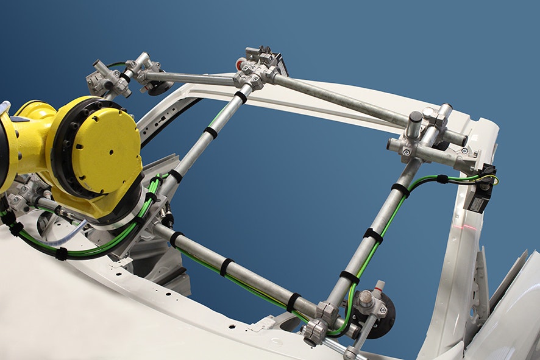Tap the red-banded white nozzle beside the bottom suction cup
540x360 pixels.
[x=379, y=287]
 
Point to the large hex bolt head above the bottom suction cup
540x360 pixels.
[x=366, y=298]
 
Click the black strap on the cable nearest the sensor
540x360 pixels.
[x=442, y=178]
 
